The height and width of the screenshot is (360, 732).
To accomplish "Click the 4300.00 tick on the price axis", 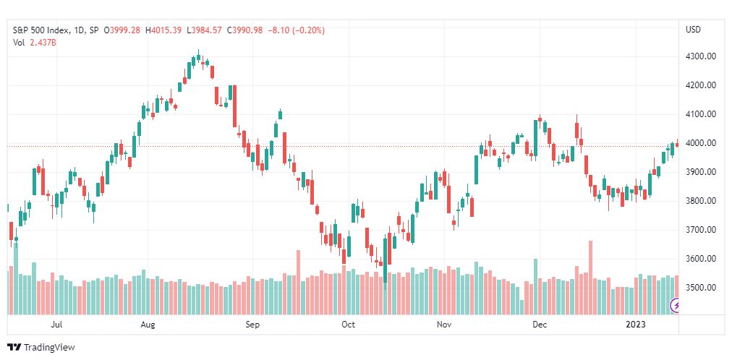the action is click(700, 56).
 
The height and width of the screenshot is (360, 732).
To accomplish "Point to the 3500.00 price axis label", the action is click(700, 287).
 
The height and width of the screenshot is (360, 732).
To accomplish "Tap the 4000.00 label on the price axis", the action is click(700, 143).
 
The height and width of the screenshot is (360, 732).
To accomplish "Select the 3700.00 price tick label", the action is click(700, 230).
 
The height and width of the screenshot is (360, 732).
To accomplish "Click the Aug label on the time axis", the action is click(148, 325).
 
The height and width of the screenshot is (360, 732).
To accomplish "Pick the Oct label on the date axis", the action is click(348, 325).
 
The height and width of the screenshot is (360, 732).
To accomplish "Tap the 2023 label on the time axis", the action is click(635, 325).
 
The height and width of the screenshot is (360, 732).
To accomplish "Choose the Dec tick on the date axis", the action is click(540, 325).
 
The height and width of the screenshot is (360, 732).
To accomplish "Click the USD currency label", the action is click(693, 30).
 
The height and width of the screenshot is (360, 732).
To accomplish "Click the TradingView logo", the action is click(41, 347).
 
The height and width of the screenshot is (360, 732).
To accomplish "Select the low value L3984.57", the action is click(205, 30).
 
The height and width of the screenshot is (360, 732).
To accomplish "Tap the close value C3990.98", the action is click(244, 30).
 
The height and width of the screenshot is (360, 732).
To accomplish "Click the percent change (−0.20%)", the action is click(307, 30).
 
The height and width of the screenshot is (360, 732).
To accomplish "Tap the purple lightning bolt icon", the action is click(676, 306).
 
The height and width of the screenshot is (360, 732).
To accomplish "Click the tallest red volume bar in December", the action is click(590, 278).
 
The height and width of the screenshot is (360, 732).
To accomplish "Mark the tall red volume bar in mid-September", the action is click(298, 282).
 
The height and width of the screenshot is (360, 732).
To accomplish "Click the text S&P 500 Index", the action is click(41, 30).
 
